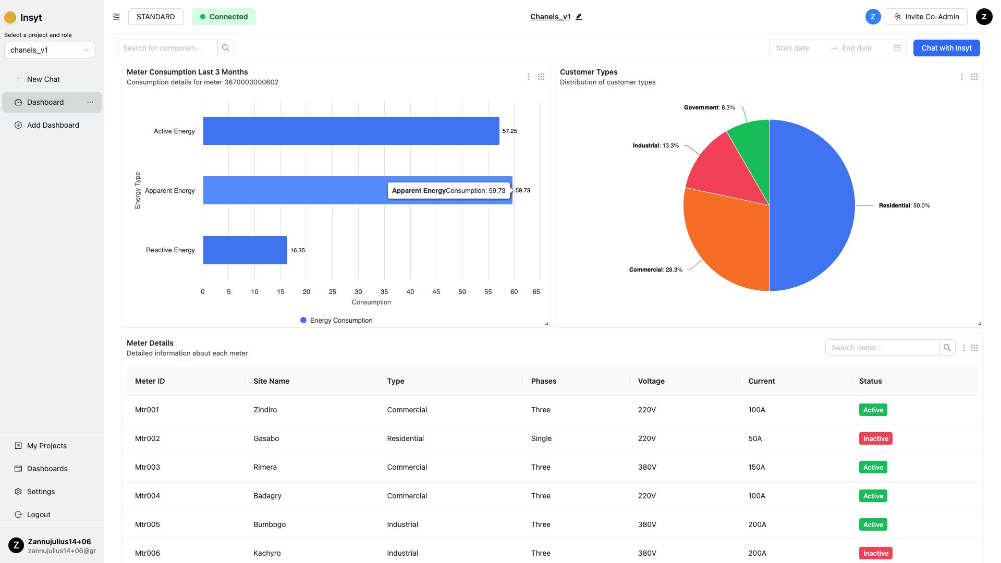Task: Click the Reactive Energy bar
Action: click(x=245, y=250)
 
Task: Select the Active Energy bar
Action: click(x=351, y=131)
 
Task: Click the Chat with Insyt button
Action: click(x=946, y=48)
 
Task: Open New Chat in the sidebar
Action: click(x=43, y=79)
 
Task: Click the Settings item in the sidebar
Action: click(x=41, y=492)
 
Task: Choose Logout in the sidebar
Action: click(x=39, y=515)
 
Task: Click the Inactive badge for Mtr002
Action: click(x=875, y=438)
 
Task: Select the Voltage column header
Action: click(x=651, y=381)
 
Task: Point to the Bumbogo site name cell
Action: click(x=270, y=524)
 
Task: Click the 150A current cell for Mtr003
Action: click(x=756, y=467)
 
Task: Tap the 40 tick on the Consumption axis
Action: click(x=410, y=292)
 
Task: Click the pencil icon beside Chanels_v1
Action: click(x=579, y=17)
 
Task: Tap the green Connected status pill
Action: click(x=224, y=17)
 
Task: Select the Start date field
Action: click(x=798, y=48)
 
